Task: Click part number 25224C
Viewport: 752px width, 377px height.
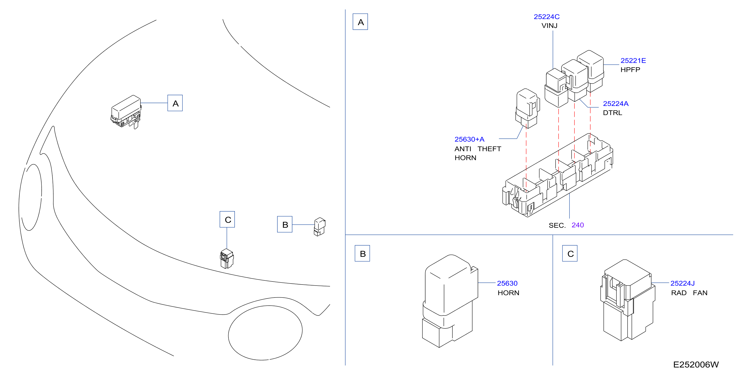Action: pos(547,17)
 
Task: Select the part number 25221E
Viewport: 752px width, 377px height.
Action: pos(633,61)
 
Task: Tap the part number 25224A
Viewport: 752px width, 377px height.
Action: pos(616,104)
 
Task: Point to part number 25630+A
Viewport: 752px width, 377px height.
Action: pos(469,139)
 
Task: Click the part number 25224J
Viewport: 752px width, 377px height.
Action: pos(682,283)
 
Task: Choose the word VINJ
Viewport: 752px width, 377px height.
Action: pos(549,26)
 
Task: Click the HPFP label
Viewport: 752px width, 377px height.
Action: pos(630,70)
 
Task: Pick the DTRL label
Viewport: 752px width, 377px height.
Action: pos(612,113)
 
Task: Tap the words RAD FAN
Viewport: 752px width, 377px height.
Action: pos(689,293)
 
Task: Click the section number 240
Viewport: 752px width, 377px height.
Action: pos(577,225)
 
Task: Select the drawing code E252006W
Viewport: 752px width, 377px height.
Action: pos(696,365)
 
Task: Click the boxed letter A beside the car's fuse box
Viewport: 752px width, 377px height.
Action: pos(175,103)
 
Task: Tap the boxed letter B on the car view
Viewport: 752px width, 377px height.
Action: pos(285,224)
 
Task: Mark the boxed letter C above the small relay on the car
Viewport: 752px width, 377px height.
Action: pos(227,219)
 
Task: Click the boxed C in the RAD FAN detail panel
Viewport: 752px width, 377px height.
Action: pos(570,254)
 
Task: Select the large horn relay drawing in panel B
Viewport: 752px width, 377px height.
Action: pos(450,301)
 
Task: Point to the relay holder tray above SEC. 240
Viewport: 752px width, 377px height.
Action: pos(558,175)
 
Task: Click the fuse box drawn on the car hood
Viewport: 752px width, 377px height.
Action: pos(126,112)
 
